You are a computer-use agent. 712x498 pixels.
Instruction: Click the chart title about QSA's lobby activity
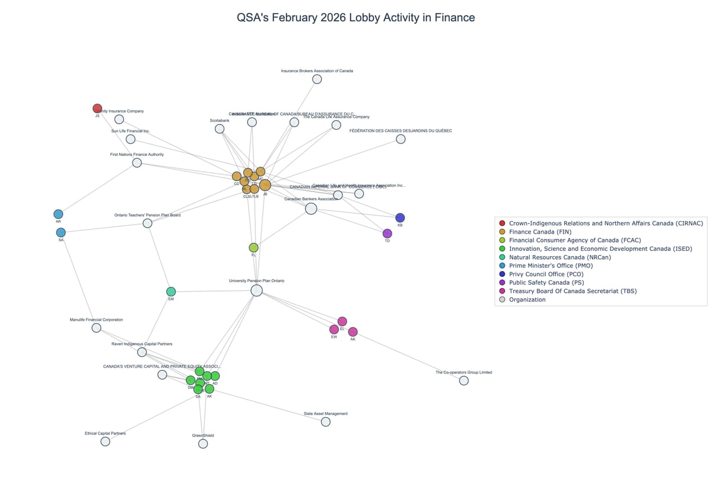pyautogui.click(x=355, y=18)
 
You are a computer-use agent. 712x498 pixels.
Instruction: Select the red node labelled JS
pyautogui.click(x=97, y=108)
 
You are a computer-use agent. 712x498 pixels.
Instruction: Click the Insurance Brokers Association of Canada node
pyautogui.click(x=317, y=79)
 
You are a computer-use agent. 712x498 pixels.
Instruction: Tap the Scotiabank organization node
pyautogui.click(x=220, y=129)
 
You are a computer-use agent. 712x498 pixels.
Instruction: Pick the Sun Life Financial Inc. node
pyautogui.click(x=131, y=139)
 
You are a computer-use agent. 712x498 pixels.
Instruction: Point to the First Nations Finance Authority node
pyautogui.click(x=137, y=162)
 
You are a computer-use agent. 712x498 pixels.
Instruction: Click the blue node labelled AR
pyautogui.click(x=58, y=214)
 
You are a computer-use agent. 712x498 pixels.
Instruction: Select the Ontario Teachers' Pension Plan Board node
pyautogui.click(x=148, y=223)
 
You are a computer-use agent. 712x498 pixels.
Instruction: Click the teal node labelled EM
pyautogui.click(x=171, y=292)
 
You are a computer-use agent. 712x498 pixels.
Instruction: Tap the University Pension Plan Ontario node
pyautogui.click(x=256, y=290)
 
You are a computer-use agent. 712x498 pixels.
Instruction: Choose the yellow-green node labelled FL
pyautogui.click(x=253, y=248)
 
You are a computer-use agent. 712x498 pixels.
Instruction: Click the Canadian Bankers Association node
pyautogui.click(x=311, y=209)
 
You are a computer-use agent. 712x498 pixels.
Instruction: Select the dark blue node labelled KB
pyautogui.click(x=400, y=218)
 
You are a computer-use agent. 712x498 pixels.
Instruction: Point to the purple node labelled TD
pyautogui.click(x=387, y=234)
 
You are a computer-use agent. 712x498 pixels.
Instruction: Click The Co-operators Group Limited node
pyautogui.click(x=464, y=381)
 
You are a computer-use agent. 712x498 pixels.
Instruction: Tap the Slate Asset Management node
pyautogui.click(x=326, y=422)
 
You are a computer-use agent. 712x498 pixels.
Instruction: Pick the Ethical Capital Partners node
pyautogui.click(x=105, y=442)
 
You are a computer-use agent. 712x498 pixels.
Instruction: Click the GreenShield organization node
pyautogui.click(x=203, y=443)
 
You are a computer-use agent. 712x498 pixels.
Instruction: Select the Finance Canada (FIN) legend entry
pyautogui.click(x=540, y=232)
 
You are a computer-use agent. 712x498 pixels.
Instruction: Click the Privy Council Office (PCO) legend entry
pyautogui.click(x=546, y=274)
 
